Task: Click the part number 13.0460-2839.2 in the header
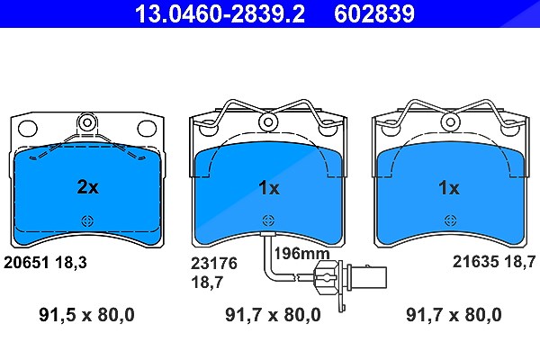(220, 13)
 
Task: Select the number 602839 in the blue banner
(374, 13)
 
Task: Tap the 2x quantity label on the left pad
(87, 187)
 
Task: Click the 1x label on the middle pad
(268, 188)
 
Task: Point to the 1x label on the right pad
(448, 188)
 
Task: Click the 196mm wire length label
(301, 254)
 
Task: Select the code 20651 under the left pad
(26, 263)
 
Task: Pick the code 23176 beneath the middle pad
(214, 264)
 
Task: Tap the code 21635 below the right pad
(475, 262)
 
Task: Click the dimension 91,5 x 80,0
(86, 315)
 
